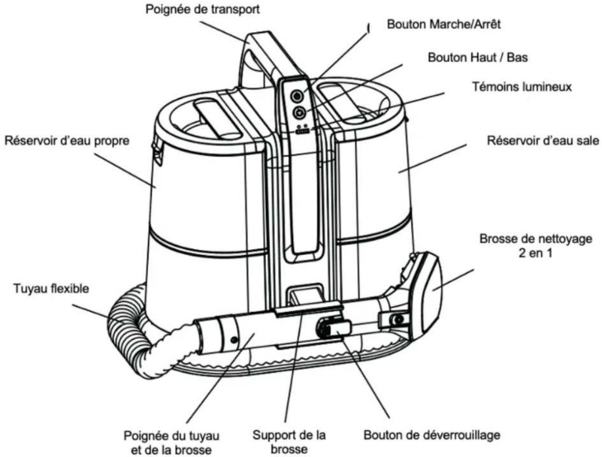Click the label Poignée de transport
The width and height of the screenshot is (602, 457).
pos(203,10)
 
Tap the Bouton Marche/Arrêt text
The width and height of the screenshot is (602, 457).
pos(444,24)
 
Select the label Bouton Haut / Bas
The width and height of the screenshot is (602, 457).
pos(478,58)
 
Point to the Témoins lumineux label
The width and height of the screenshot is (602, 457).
pos(522,87)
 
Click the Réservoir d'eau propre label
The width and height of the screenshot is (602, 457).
pos(67,141)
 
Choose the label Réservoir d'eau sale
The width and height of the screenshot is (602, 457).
pos(543,141)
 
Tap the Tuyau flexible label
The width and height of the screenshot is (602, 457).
pos(51,289)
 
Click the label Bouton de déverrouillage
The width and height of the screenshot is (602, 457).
pos(432,435)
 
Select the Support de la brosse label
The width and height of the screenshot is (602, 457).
pos(289,442)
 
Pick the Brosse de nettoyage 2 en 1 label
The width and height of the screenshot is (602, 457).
pos(536,246)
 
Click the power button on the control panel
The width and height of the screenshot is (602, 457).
pos(296,96)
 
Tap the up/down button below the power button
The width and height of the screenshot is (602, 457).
pos(299,112)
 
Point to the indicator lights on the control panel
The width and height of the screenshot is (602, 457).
pos(302,129)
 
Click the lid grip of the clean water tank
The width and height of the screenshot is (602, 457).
pos(217,118)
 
